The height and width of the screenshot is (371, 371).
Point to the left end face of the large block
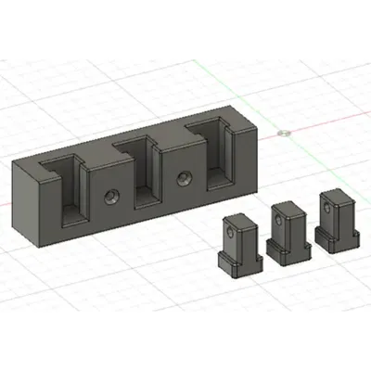tap(29, 203)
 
